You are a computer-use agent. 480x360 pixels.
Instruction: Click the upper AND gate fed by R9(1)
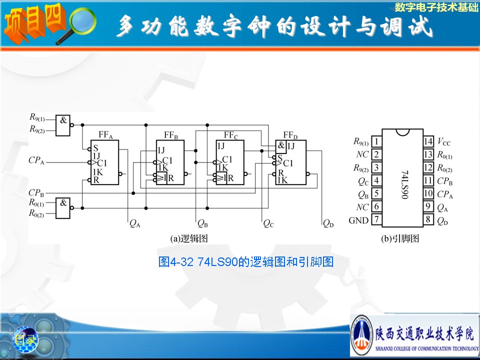63,123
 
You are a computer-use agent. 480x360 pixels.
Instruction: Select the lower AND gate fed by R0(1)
63,206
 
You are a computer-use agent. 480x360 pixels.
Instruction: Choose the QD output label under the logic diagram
328,224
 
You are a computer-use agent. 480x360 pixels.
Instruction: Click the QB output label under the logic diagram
202,224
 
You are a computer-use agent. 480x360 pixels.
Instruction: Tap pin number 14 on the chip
428,142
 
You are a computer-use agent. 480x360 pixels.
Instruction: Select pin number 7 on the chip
376,219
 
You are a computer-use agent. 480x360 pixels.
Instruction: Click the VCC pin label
443,142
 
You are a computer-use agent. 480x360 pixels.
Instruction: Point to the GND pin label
358,220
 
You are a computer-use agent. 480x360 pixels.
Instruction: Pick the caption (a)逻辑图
189,238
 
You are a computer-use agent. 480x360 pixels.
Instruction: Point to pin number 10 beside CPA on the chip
428,193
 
